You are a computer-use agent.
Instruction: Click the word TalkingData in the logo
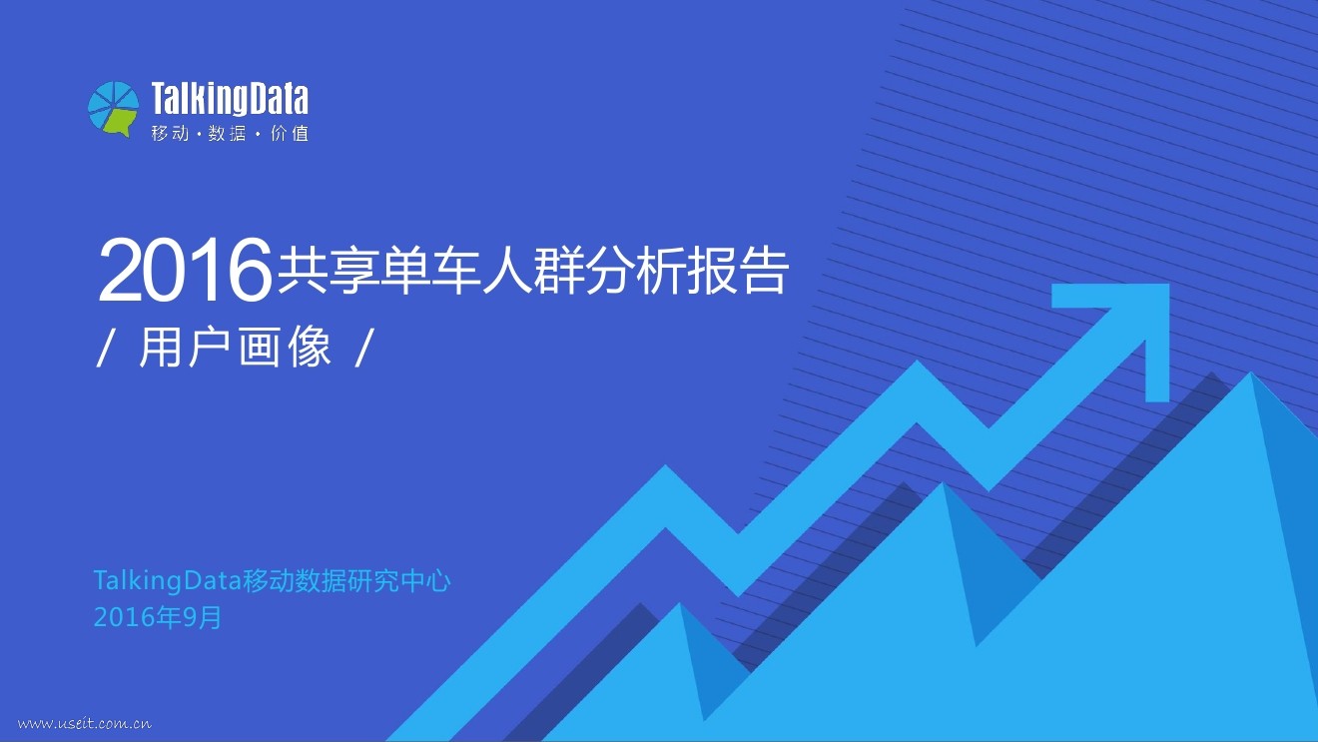[230, 99]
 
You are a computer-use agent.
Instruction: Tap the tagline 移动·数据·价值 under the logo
[230, 133]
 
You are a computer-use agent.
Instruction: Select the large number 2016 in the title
[186, 271]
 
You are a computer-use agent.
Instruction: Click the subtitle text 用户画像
[236, 350]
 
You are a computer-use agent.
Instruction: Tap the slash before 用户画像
[104, 350]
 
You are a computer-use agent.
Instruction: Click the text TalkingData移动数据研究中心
[272, 581]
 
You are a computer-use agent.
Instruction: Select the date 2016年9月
[158, 618]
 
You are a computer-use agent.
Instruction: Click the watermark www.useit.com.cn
[85, 723]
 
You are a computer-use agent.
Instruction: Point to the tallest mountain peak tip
[1250, 375]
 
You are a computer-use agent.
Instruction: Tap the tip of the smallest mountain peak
[680, 605]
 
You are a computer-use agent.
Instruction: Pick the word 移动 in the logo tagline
[170, 133]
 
